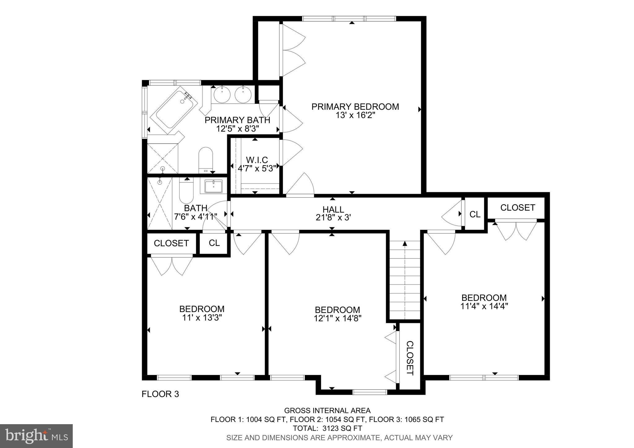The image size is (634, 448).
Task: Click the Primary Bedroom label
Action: tap(355, 107)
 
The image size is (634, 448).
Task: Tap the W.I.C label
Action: tap(257, 160)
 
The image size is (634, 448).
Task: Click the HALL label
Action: tap(333, 210)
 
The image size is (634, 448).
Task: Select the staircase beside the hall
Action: tap(405, 280)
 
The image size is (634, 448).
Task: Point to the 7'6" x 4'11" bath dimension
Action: tap(195, 216)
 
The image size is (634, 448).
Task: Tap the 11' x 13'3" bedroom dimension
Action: tap(202, 318)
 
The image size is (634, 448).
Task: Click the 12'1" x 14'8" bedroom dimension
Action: tap(337, 318)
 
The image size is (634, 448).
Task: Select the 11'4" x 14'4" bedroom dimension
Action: tap(484, 306)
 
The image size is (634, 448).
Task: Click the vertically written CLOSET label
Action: tap(410, 358)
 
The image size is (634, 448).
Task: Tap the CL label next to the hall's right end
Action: tap(475, 214)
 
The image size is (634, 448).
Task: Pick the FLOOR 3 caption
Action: tap(160, 394)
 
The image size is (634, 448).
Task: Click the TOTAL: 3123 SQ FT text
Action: tap(328, 428)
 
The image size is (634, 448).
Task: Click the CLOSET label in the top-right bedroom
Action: tap(517, 207)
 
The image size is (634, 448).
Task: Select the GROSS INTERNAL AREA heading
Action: tap(327, 411)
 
